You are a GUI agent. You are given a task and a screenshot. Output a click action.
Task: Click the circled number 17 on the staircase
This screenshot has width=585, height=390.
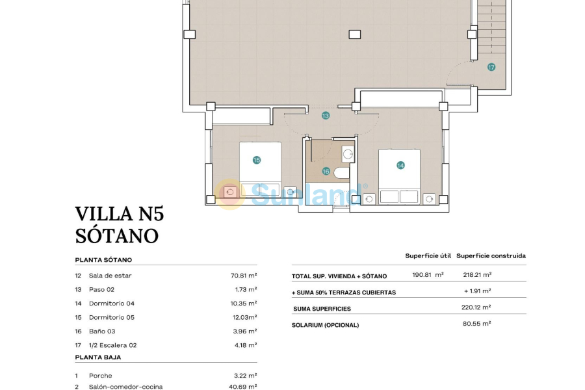click(491, 67)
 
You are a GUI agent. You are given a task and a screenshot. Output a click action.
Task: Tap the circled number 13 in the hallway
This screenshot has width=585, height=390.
click(326, 116)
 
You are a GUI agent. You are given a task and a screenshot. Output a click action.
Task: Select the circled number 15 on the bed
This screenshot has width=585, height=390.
click(257, 160)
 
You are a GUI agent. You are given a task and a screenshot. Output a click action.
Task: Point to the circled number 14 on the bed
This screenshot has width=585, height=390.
click(400, 166)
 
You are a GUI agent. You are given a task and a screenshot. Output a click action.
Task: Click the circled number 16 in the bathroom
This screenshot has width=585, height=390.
click(326, 172)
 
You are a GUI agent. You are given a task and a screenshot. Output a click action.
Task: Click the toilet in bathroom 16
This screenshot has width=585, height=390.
click(341, 173)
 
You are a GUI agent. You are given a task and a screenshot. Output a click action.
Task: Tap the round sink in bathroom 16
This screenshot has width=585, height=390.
click(348, 155)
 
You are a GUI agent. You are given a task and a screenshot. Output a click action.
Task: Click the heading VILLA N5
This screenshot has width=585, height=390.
click(120, 214)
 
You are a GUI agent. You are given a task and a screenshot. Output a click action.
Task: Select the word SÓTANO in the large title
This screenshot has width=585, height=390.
click(117, 235)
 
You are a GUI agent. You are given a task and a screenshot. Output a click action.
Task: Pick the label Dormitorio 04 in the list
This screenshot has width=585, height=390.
click(112, 304)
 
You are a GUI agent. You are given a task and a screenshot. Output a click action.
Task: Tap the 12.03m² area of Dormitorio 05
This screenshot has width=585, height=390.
click(244, 317)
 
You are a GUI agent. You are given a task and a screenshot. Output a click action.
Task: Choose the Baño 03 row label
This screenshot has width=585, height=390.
click(102, 331)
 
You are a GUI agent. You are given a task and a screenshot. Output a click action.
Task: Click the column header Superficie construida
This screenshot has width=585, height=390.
click(491, 256)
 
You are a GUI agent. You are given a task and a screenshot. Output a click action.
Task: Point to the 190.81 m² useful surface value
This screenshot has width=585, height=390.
click(428, 275)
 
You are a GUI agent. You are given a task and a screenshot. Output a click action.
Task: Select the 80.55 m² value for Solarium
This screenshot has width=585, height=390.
click(477, 323)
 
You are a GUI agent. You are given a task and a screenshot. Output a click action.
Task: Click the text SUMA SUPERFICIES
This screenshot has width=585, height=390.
click(322, 309)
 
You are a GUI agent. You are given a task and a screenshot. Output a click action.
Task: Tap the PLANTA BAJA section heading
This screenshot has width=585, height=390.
click(98, 357)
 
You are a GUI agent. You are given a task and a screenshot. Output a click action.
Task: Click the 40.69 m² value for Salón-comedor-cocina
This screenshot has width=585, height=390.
click(244, 387)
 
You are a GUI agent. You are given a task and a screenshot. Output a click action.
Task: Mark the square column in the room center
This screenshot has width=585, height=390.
click(354, 34)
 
